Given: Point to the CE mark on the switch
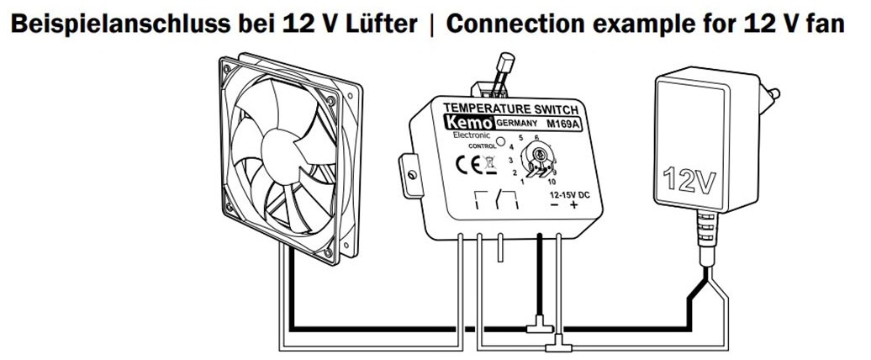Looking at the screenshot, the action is click(x=467, y=165).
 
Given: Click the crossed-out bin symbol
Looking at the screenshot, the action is click(x=489, y=165).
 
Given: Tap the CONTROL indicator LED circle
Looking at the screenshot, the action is click(x=500, y=142).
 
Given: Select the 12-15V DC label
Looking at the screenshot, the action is click(x=570, y=195).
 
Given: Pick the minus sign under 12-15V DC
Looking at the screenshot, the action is click(x=554, y=206).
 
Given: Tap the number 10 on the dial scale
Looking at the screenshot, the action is click(x=552, y=182).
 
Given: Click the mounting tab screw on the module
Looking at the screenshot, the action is click(x=412, y=176).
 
